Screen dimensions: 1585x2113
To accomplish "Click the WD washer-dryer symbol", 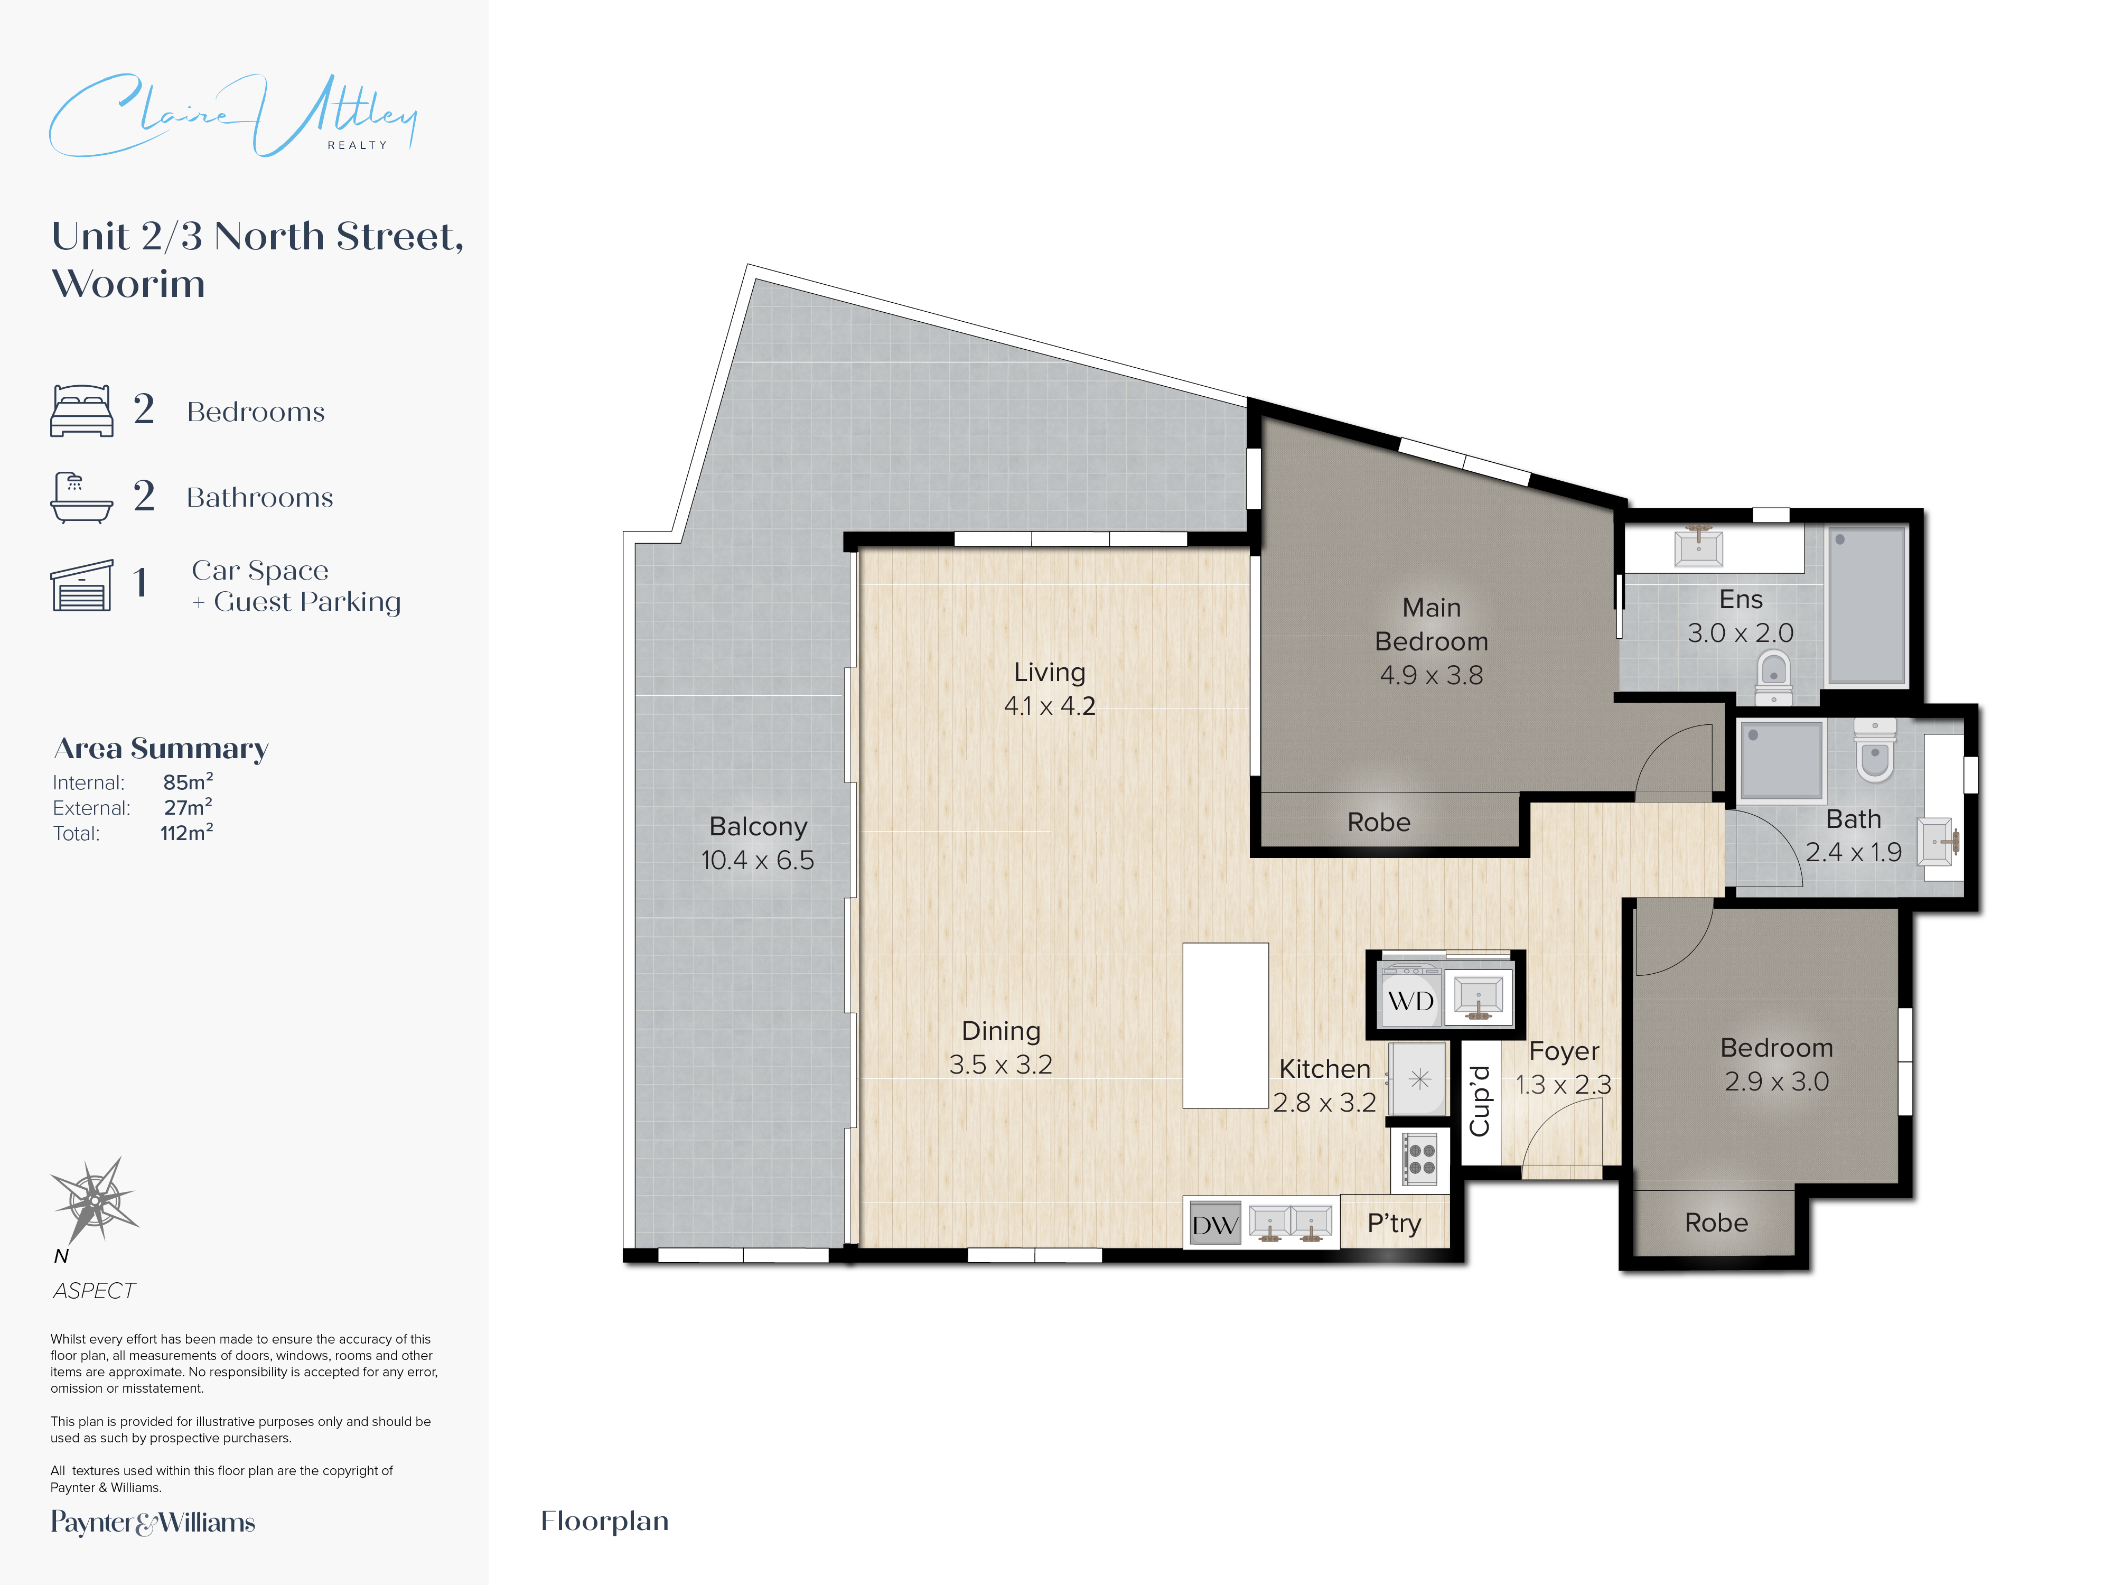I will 1410,1000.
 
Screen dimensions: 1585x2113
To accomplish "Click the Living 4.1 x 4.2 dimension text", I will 1049,706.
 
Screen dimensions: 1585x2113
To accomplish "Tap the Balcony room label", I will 758,826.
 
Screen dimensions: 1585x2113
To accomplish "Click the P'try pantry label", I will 1394,1223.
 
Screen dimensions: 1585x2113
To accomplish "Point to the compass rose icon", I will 95,1199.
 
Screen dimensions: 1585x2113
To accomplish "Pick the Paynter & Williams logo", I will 153,1522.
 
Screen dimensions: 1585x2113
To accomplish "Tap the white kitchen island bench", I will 1224,1025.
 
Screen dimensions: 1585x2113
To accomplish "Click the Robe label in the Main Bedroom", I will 1378,823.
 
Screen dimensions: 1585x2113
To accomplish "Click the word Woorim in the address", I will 128,284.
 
